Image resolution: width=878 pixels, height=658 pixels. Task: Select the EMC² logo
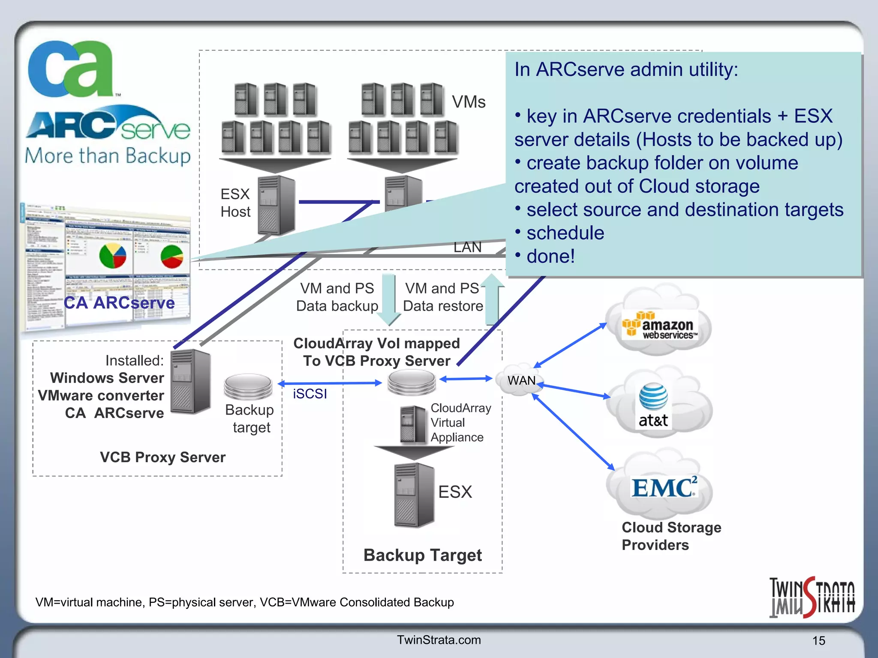[x=664, y=488]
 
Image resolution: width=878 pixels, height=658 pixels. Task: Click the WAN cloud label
[x=521, y=380]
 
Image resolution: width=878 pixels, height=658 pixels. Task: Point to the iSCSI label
[x=310, y=394]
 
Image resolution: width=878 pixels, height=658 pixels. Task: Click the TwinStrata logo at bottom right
[x=812, y=597]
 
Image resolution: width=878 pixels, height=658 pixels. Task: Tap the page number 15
[x=818, y=641]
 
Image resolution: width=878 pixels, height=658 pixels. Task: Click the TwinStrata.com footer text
[x=439, y=640]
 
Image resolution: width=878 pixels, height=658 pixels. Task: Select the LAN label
[x=467, y=247]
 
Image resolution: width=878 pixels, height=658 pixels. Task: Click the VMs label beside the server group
[x=469, y=102]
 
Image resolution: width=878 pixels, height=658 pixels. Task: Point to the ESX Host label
[x=235, y=203]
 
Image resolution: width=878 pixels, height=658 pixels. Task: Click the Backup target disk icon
[x=248, y=386]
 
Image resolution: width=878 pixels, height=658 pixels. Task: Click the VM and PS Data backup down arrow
[x=389, y=300]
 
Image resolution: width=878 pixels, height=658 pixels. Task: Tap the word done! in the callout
[x=550, y=256]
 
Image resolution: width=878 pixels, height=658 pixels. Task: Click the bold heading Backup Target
[x=422, y=555]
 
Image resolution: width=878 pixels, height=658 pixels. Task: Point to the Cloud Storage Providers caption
[x=671, y=536]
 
